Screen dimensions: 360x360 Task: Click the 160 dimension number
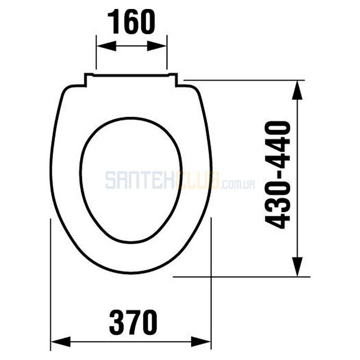[x=131, y=22]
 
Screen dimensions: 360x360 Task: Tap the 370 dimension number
[x=133, y=322]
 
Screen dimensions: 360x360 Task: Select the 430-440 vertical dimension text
[x=277, y=175]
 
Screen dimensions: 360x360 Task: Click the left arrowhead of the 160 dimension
[x=106, y=46]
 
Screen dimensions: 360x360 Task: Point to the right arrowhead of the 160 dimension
[x=157, y=46]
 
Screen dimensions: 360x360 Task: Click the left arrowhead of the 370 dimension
[x=61, y=342]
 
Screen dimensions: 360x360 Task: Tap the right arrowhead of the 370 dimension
[x=201, y=342]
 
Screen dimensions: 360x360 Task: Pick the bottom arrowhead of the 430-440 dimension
[x=297, y=267]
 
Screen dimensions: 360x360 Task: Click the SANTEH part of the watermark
[x=140, y=181]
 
